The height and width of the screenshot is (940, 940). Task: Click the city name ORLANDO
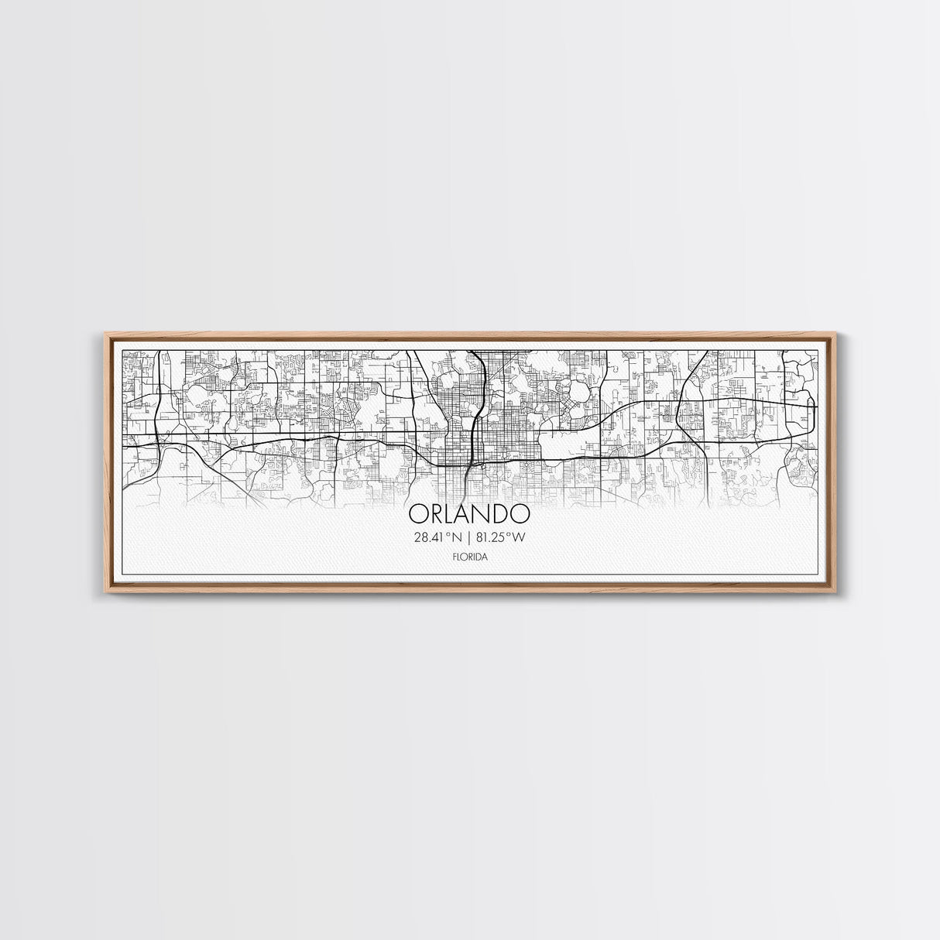click(x=469, y=514)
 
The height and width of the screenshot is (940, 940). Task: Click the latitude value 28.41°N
click(x=437, y=537)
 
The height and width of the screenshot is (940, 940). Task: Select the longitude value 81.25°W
click(x=502, y=537)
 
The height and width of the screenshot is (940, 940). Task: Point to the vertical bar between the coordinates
click(x=469, y=537)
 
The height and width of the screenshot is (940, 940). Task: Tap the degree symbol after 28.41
click(x=447, y=533)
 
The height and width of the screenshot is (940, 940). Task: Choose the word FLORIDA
click(x=469, y=556)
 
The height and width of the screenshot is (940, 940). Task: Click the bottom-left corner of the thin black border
click(x=124, y=575)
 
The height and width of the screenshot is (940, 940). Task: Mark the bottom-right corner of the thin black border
click(x=818, y=575)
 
